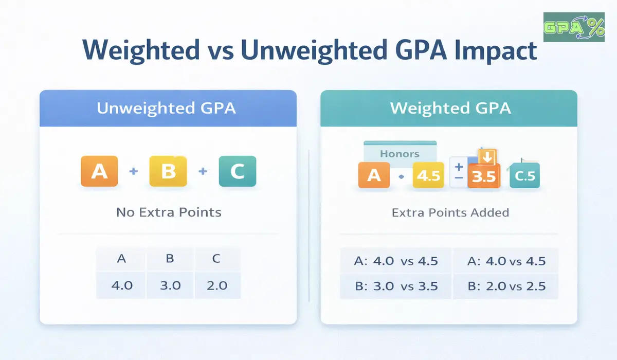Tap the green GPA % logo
click(574, 27)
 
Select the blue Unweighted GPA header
click(168, 109)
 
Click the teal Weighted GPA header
click(449, 109)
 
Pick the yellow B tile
click(168, 171)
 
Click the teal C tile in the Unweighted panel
click(237, 171)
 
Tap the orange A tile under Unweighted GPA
click(99, 171)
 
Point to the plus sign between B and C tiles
click(203, 171)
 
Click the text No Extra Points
click(168, 212)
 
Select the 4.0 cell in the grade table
click(121, 285)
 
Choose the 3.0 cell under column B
click(170, 285)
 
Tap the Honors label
click(400, 153)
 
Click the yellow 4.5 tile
click(428, 176)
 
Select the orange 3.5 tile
click(483, 176)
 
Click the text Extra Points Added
click(450, 212)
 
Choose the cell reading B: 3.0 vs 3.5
click(396, 286)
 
